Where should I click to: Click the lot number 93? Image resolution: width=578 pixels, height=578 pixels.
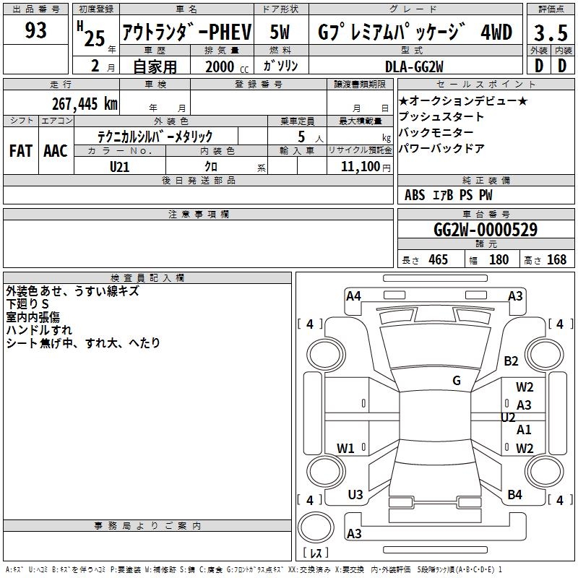(x=35, y=31)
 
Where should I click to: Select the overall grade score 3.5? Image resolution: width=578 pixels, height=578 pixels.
(x=549, y=33)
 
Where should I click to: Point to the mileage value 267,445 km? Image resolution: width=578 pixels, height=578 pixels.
(x=85, y=103)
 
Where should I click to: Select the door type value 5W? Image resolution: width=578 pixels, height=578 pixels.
(x=280, y=32)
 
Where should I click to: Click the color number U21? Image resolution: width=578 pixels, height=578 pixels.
(x=120, y=166)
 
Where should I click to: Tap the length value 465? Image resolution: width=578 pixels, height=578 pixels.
(x=437, y=260)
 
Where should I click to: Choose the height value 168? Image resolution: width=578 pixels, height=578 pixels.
(x=556, y=260)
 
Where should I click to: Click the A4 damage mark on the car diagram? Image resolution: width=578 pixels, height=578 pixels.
(x=353, y=296)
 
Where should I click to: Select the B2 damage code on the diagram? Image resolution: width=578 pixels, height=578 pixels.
(x=512, y=361)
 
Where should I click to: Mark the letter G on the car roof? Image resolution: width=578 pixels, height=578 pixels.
(x=457, y=381)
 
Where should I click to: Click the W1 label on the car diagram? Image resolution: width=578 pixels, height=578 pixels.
(x=346, y=449)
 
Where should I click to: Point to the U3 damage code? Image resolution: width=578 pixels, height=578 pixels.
(x=355, y=495)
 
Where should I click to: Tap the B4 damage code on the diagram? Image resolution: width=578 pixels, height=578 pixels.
(x=514, y=495)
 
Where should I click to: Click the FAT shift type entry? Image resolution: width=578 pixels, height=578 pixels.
(x=21, y=151)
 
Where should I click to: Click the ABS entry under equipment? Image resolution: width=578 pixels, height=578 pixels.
(x=415, y=195)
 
